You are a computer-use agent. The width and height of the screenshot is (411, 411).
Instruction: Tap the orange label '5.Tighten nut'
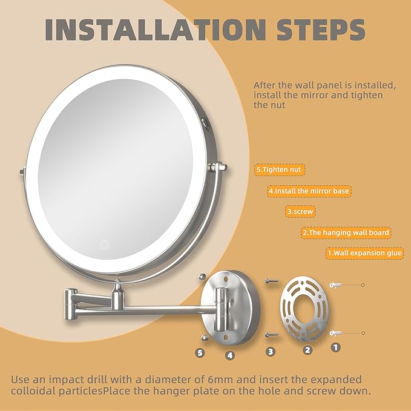pyautogui.click(x=279, y=170)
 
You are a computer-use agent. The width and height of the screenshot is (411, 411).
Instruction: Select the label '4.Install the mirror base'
pyautogui.click(x=309, y=191)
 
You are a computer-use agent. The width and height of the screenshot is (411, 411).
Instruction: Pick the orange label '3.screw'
pyautogui.click(x=301, y=212)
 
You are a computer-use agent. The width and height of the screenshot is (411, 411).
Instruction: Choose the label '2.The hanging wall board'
pyautogui.click(x=346, y=232)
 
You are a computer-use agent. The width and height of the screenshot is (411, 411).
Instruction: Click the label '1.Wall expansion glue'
pyautogui.click(x=365, y=253)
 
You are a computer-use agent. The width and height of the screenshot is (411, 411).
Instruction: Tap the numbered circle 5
pyautogui.click(x=201, y=351)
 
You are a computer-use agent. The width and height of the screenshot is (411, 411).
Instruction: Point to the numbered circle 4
pyautogui.click(x=229, y=355)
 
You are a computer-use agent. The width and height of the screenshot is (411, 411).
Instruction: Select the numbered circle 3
pyautogui.click(x=271, y=351)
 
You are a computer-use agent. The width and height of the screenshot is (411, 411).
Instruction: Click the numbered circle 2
pyautogui.click(x=307, y=349)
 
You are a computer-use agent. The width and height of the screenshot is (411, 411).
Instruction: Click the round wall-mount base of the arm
pyautogui.click(x=231, y=303)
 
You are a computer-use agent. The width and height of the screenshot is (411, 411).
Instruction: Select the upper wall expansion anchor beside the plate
pyautogui.click(x=337, y=284)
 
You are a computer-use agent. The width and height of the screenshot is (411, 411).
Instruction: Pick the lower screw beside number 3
pyautogui.click(x=271, y=334)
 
